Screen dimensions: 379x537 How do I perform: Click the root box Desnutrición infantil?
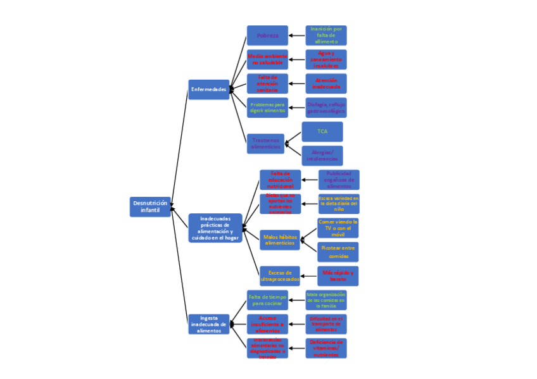pyautogui.click(x=150, y=207)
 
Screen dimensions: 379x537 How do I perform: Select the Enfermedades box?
pyautogui.click(x=208, y=89)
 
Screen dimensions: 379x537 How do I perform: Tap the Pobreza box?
pyautogui.click(x=267, y=35)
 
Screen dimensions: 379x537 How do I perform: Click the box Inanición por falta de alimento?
pyautogui.click(x=325, y=35)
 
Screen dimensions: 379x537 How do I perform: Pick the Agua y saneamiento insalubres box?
pyautogui.click(x=325, y=59)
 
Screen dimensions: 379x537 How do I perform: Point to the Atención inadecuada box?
pyautogui.click(x=325, y=84)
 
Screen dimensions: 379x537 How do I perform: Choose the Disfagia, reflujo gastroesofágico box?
pyautogui.click(x=325, y=108)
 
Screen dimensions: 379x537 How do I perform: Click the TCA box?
pyautogui.click(x=322, y=132)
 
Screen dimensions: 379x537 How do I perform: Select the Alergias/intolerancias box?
pyautogui.click(x=322, y=156)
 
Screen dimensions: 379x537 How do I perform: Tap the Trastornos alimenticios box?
pyautogui.click(x=265, y=144)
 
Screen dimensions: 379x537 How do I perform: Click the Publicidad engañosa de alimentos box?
pyautogui.click(x=339, y=180)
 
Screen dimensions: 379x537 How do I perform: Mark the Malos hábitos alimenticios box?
pyautogui.click(x=280, y=240)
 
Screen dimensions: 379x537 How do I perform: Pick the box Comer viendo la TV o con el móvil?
pyautogui.click(x=338, y=228)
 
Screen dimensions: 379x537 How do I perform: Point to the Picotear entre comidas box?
pyautogui.click(x=338, y=252)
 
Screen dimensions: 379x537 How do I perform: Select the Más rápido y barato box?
pyautogui.click(x=338, y=276)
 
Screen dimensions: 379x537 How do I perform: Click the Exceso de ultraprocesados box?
pyautogui.click(x=280, y=276)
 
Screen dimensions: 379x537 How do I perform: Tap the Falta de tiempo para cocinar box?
pyautogui.click(x=267, y=300)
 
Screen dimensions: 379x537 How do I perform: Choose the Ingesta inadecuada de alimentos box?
pyautogui.click(x=208, y=324)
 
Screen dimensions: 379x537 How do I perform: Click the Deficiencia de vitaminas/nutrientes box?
pyautogui.click(x=325, y=348)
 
